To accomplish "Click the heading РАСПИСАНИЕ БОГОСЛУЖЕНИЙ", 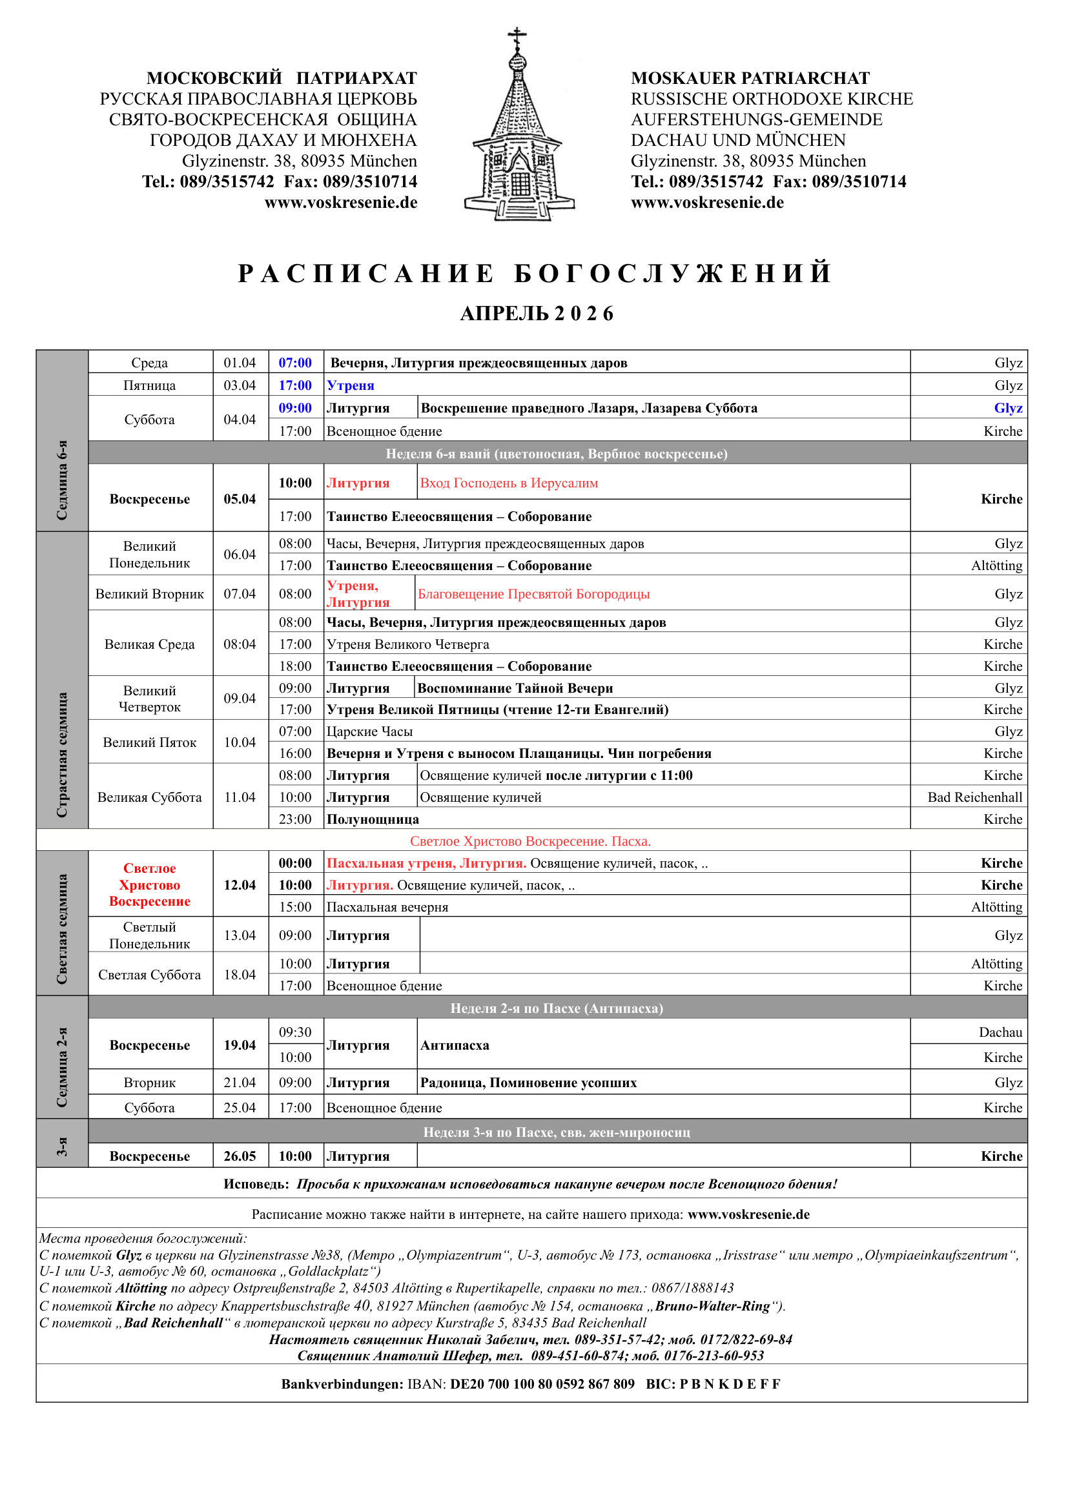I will point(534,273).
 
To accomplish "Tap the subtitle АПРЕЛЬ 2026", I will point(537,314).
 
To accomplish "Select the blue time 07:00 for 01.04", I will point(294,362).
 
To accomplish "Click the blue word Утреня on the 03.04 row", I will point(351,385).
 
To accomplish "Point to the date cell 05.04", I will point(240,498).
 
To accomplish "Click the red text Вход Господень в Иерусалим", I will point(509,483).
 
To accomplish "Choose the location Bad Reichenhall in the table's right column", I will point(974,797).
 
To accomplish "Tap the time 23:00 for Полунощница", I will point(294,819).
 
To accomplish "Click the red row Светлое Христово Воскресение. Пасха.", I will point(530,841).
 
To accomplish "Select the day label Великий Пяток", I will point(149,742).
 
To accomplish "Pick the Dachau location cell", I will point(1000,1032).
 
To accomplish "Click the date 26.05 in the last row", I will point(240,1156).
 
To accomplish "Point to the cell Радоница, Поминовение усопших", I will point(528,1082).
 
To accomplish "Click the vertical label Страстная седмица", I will point(63,754).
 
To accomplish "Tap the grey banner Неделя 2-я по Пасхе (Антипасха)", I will point(557,1008).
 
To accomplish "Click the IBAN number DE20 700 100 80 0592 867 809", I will point(542,1383).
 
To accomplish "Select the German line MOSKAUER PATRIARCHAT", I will point(750,78).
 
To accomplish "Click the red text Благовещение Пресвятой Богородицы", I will point(533,594).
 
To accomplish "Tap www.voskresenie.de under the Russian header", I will point(341,203).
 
